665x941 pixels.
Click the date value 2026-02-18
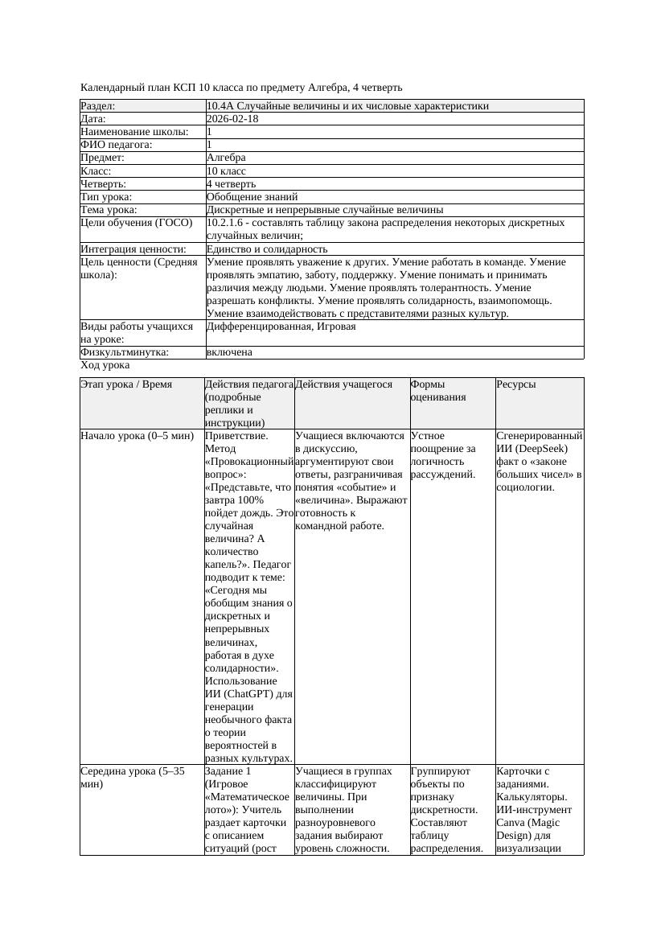click(x=232, y=119)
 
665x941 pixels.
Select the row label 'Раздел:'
click(x=98, y=106)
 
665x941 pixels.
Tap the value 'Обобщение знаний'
click(x=252, y=196)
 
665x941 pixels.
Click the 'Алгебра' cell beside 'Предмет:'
click(x=226, y=158)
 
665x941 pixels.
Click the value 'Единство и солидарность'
click(x=267, y=249)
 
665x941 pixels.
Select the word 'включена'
click(x=229, y=352)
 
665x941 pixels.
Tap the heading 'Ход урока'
click(x=105, y=365)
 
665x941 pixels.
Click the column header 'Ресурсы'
click(x=516, y=384)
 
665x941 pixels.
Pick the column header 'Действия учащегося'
click(x=343, y=384)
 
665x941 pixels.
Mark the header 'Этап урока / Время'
click(x=126, y=384)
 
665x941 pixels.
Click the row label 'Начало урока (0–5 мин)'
click(x=137, y=436)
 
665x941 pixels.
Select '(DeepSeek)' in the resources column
click(x=535, y=449)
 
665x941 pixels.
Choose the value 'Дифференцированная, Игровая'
click(x=281, y=327)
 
